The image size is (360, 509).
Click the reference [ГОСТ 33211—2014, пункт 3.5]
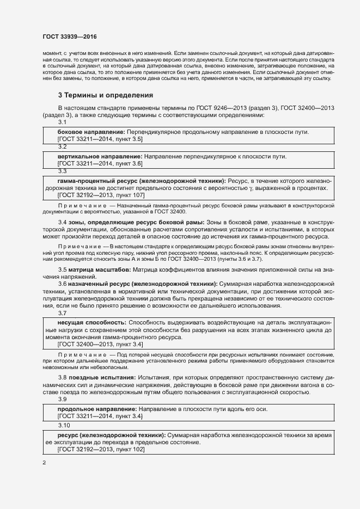click(x=100, y=139)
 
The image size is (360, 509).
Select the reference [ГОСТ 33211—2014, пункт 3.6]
click(x=100, y=163)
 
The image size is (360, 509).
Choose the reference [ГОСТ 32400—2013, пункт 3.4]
click(x=100, y=345)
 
